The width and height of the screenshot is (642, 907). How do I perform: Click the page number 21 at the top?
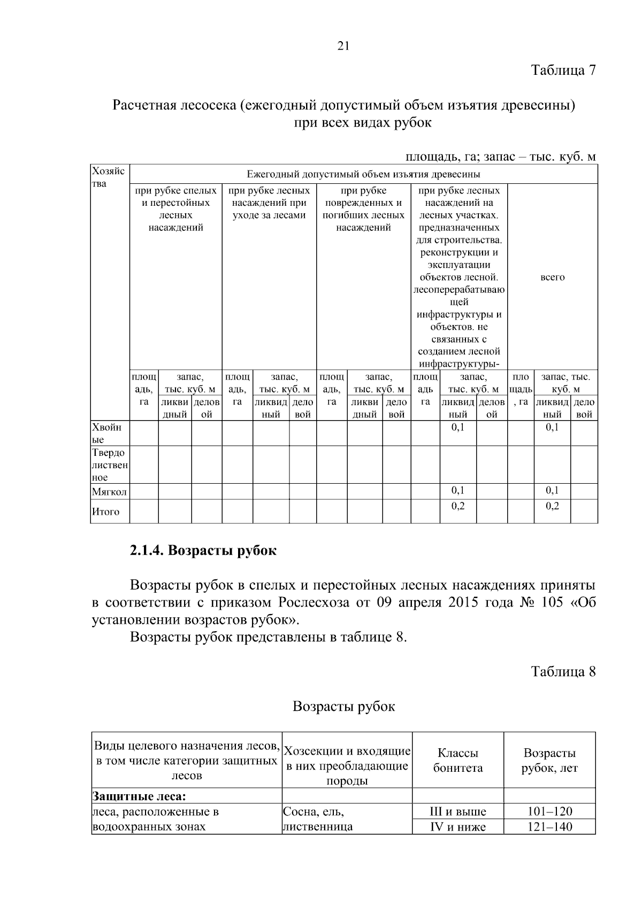click(x=343, y=46)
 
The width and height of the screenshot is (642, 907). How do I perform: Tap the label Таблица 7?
click(x=563, y=70)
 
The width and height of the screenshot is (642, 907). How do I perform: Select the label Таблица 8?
click(x=563, y=671)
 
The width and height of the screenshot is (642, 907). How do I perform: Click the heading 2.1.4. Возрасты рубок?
click(x=203, y=551)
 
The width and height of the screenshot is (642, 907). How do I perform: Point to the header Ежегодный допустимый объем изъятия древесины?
click(x=363, y=174)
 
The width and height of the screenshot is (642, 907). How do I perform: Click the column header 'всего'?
click(x=552, y=277)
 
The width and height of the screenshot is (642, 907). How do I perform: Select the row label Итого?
click(x=106, y=512)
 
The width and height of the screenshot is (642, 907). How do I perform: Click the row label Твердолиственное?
click(x=109, y=465)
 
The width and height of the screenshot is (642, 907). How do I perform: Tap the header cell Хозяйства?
click(x=109, y=177)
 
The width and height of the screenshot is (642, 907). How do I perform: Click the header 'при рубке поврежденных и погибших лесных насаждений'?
click(x=363, y=209)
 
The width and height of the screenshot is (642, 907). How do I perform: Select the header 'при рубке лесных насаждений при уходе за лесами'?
click(x=269, y=203)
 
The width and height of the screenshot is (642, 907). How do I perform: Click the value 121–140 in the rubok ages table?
click(x=549, y=827)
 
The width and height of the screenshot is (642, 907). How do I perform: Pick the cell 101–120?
click(x=549, y=811)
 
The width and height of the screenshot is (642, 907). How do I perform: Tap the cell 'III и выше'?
click(x=458, y=811)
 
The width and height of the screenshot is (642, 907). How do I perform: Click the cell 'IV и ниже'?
click(x=458, y=827)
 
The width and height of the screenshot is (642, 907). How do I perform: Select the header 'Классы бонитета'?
click(x=458, y=760)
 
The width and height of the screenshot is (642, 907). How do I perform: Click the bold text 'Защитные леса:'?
click(x=139, y=796)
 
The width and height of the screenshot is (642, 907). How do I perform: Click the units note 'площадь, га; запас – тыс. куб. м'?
click(x=500, y=157)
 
